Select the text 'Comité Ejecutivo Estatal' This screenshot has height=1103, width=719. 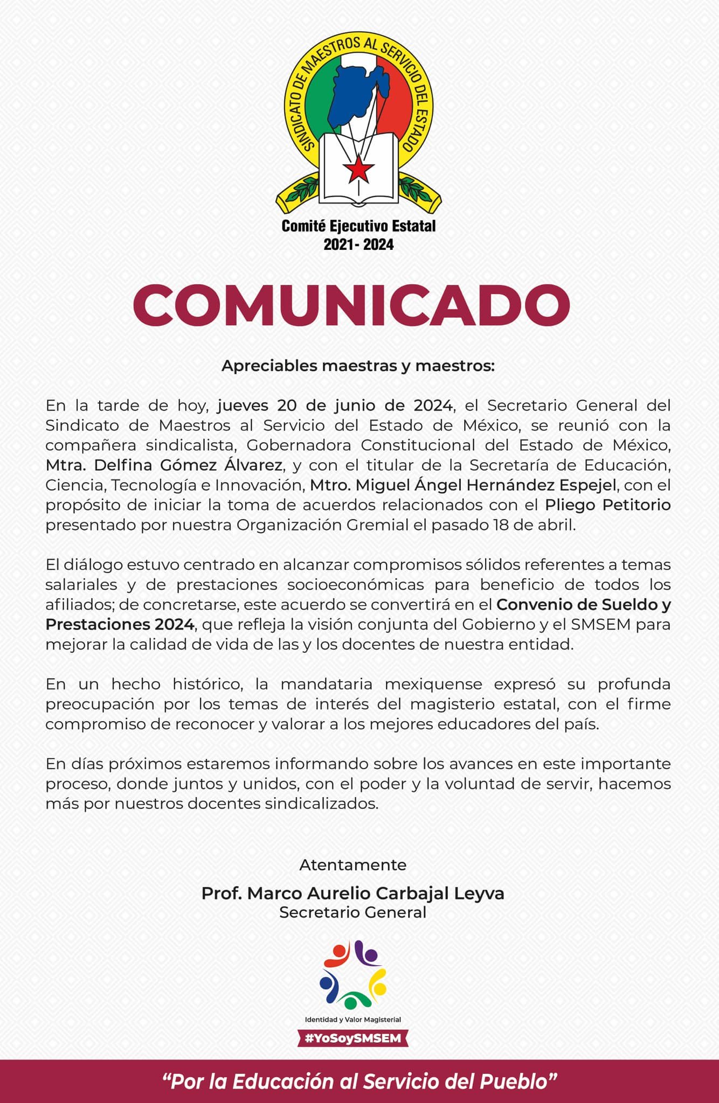[358, 226]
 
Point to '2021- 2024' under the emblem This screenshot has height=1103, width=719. [358, 245]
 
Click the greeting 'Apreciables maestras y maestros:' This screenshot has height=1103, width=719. [358, 366]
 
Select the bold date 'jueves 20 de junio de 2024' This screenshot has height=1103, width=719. [335, 405]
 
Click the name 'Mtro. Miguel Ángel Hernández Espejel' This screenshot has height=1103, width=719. [463, 485]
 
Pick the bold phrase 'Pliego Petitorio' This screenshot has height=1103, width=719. [607, 505]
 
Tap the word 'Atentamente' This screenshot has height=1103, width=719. [353, 865]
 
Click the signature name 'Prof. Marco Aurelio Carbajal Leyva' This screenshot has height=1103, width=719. [353, 893]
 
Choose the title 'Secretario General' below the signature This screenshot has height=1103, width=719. [353, 912]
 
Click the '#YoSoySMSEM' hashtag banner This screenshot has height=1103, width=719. [353, 1038]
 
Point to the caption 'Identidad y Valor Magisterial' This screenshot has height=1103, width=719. [353, 1020]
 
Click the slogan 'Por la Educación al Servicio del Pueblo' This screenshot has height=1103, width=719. [359, 1081]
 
